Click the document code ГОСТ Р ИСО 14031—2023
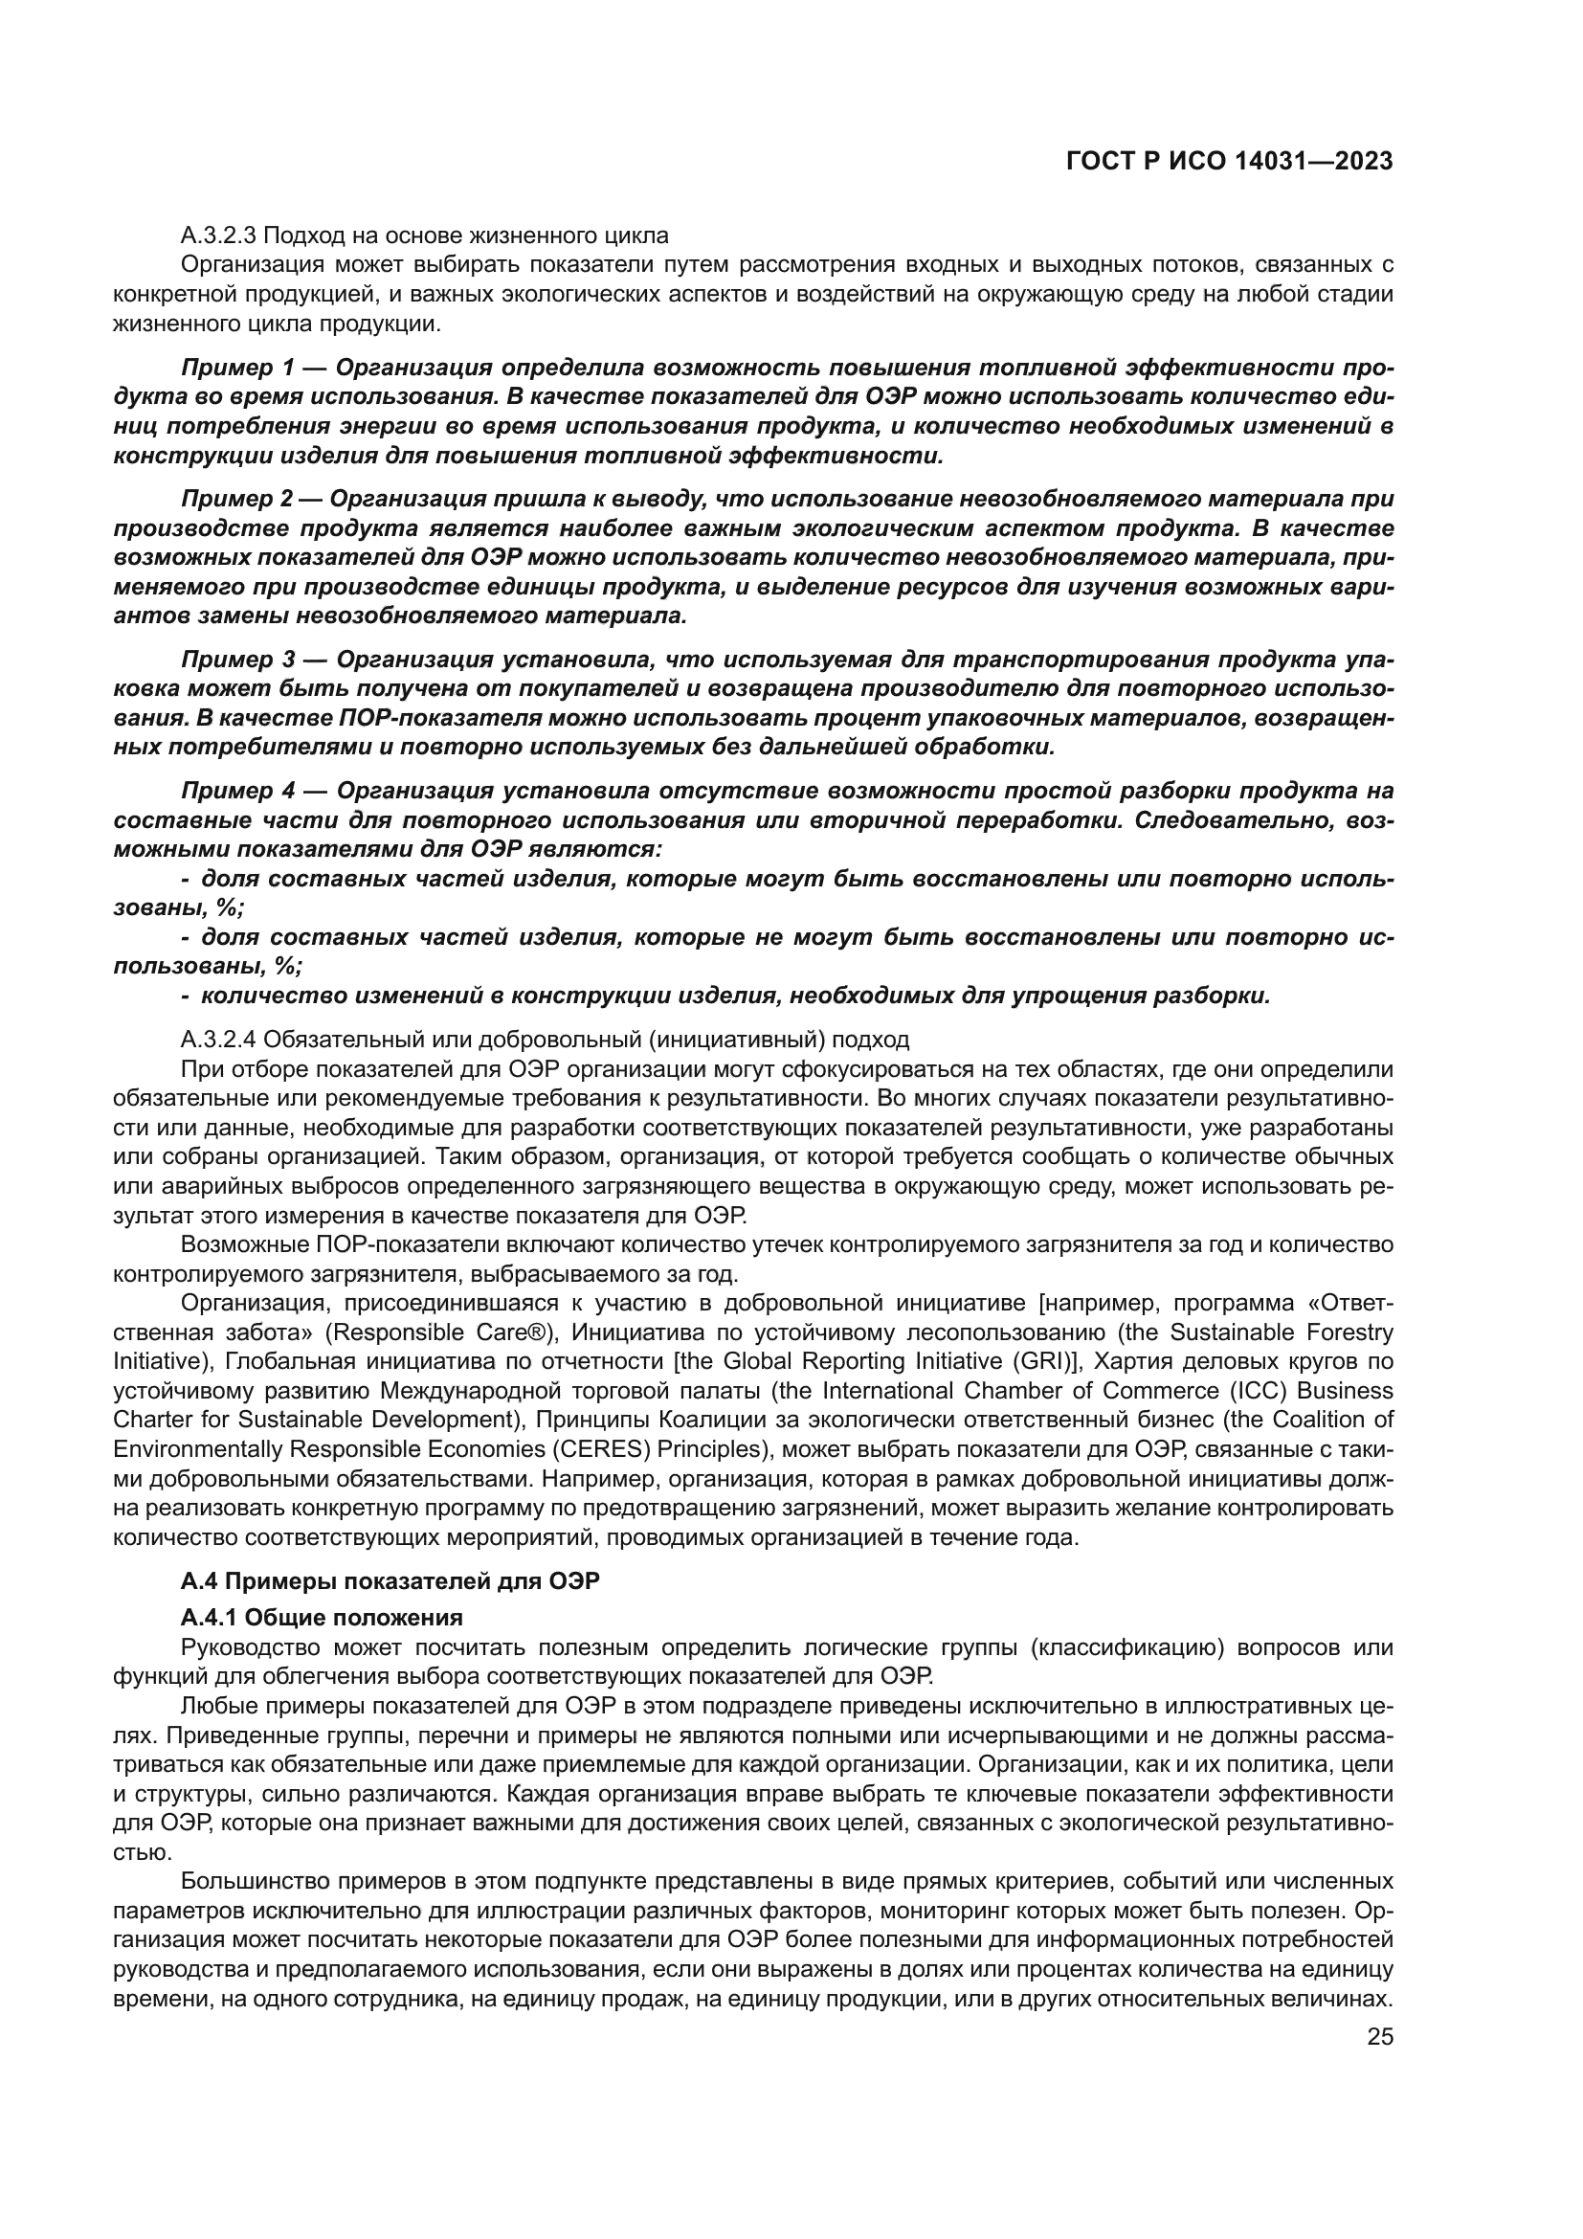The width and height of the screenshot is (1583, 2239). [x=1229, y=162]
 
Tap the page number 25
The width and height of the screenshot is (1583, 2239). [x=1379, y=2036]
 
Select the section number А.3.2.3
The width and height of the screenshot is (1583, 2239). [x=219, y=235]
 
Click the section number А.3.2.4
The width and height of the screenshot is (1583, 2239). [x=219, y=1039]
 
